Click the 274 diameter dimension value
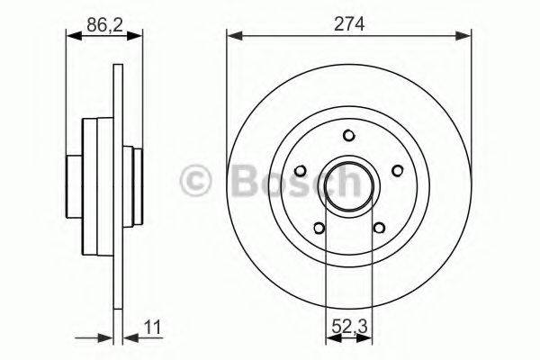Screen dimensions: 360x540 point(348,25)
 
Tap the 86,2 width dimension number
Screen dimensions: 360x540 point(104,25)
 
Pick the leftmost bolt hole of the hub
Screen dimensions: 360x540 point(301,169)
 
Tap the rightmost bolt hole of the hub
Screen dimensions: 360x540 point(397,169)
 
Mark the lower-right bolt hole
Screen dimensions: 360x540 point(379,227)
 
